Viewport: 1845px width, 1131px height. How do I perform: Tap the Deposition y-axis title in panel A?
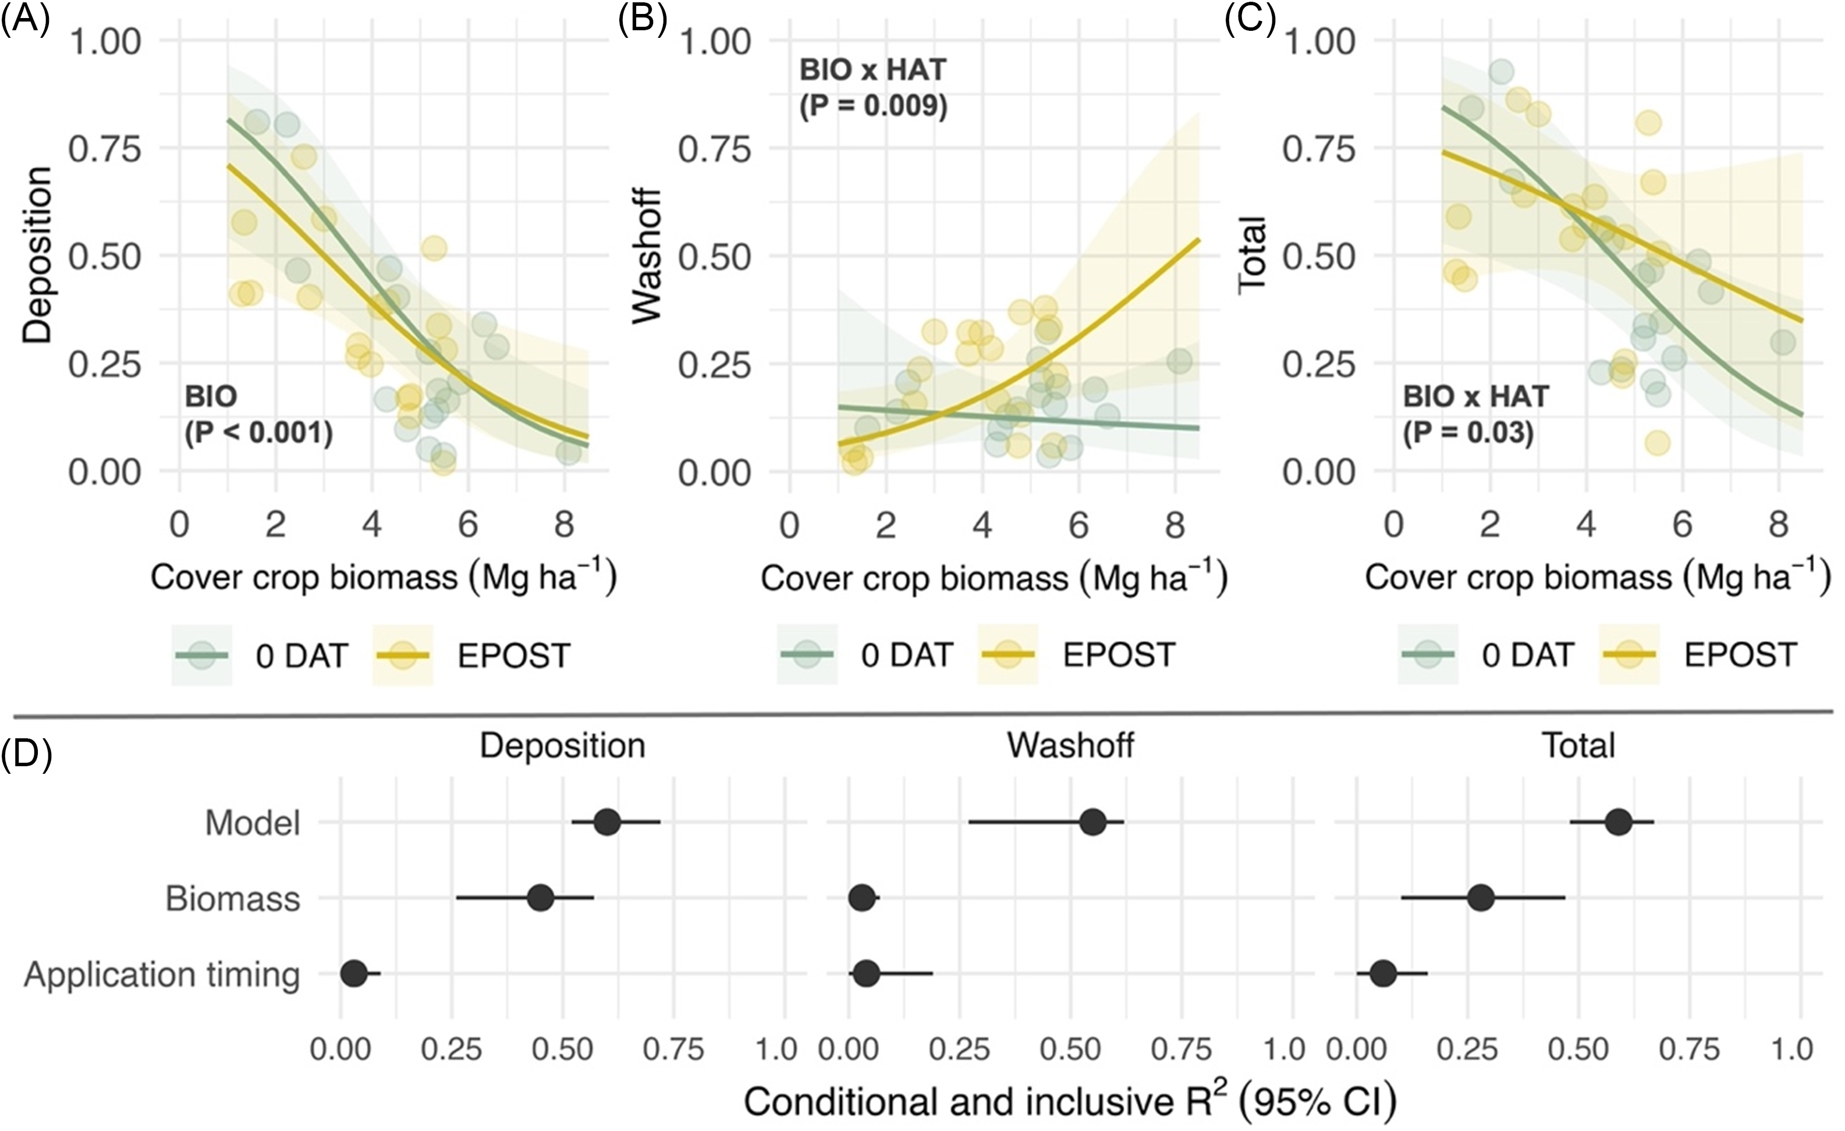click(x=37, y=254)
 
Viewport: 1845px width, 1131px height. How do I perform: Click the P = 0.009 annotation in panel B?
click(x=873, y=106)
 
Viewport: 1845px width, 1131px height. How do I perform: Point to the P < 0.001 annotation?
click(x=258, y=433)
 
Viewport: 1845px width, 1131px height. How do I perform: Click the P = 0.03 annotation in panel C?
click(x=1468, y=433)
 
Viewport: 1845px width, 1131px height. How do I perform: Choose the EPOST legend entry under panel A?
click(x=514, y=656)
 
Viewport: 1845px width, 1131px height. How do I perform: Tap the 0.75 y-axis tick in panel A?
click(x=105, y=149)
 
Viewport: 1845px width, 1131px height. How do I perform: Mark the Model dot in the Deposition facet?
click(x=606, y=822)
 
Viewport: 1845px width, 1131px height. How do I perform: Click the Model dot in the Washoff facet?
click(x=1093, y=822)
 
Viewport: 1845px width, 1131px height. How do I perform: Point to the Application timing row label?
click(x=162, y=974)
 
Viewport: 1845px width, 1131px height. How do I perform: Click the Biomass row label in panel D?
click(x=232, y=898)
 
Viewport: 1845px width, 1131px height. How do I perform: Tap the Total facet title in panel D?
click(x=1578, y=745)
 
